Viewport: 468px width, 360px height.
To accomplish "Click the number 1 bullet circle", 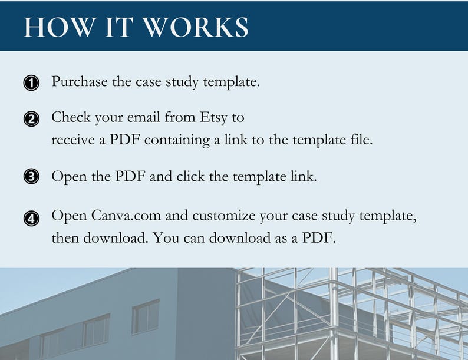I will click(x=31, y=83).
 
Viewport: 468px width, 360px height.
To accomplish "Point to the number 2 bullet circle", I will click(x=31, y=119).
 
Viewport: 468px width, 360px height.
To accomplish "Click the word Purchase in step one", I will click(x=79, y=82).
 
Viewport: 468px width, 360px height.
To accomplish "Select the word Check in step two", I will click(x=71, y=117).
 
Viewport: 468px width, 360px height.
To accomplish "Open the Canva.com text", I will click(x=127, y=216).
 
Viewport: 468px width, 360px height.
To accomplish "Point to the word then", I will click(x=64, y=240).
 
